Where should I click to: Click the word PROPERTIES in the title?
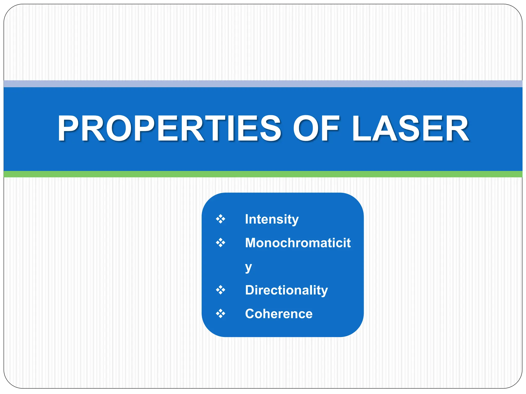pyautogui.click(x=169, y=128)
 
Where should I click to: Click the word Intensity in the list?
pyautogui.click(x=272, y=219)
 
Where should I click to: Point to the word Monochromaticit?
pyautogui.click(x=298, y=243)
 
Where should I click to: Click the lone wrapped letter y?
pyautogui.click(x=248, y=268)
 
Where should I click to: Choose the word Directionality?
pyautogui.click(x=286, y=290)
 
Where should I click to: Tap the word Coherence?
pyautogui.click(x=279, y=314)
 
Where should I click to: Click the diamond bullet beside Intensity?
pyautogui.click(x=220, y=219)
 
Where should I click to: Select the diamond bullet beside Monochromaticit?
pyautogui.click(x=220, y=242)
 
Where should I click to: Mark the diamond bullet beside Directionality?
pyautogui.click(x=220, y=290)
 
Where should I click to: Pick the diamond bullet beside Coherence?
pyautogui.click(x=220, y=313)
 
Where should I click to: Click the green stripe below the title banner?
pyautogui.click(x=263, y=174)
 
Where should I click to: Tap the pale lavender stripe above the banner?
pyautogui.click(x=263, y=84)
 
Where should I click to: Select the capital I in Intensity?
pyautogui.click(x=247, y=219)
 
